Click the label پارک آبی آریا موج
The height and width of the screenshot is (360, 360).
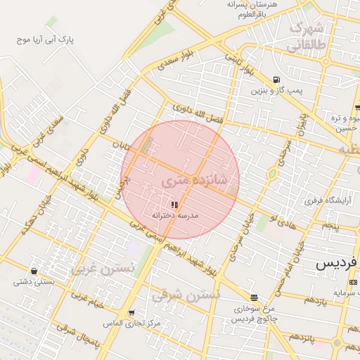[x=46, y=39]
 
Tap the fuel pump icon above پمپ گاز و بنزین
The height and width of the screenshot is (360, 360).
[x=276, y=79]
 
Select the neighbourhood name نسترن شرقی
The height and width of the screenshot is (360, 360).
[x=187, y=295]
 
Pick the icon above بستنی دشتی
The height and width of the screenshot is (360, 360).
[x=34, y=271]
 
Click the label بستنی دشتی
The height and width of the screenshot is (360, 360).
[x=32, y=282]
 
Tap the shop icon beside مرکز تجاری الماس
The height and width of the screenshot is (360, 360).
[x=131, y=313]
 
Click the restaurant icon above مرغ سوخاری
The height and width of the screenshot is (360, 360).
[x=253, y=297]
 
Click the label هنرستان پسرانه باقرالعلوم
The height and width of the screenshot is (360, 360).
[x=253, y=9]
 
